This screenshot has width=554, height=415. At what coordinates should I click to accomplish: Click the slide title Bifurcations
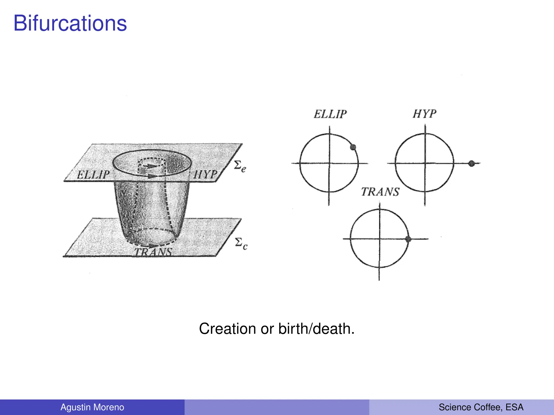(x=70, y=24)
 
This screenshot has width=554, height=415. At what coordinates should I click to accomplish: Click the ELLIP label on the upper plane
(x=93, y=175)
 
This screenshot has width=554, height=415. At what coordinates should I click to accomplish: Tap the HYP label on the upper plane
(x=206, y=174)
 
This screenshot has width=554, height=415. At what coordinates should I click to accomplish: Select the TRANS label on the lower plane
(x=153, y=252)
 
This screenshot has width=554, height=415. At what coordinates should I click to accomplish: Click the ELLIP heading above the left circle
(x=330, y=114)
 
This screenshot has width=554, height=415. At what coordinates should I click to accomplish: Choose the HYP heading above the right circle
(x=424, y=114)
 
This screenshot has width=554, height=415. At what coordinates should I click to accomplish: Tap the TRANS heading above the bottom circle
(x=380, y=192)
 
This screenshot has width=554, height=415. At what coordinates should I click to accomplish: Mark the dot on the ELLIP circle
(x=353, y=147)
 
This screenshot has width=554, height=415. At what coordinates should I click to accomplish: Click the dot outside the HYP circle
(x=471, y=163)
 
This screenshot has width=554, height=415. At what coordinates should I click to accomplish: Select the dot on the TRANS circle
(x=408, y=239)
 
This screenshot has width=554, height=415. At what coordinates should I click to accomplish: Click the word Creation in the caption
(x=227, y=329)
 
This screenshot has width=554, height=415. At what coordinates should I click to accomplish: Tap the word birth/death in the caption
(x=316, y=329)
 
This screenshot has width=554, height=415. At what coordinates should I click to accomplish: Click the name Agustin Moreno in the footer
(x=92, y=407)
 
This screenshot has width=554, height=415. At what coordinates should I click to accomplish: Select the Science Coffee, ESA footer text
(x=481, y=407)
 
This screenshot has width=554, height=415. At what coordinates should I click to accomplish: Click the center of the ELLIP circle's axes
(x=329, y=163)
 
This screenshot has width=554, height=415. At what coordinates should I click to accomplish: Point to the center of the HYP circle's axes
(x=425, y=163)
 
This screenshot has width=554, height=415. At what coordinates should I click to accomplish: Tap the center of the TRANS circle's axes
(x=380, y=239)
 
